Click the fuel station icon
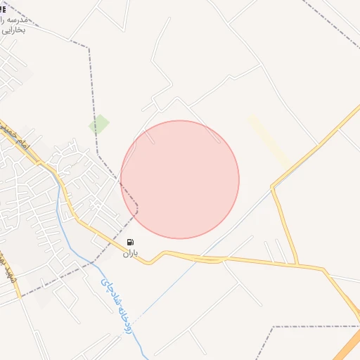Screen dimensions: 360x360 point(131,242)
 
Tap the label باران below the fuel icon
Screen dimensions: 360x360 point(131,252)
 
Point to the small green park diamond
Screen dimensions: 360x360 point(98,124)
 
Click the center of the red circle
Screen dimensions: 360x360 point(180,179)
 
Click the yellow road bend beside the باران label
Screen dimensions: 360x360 point(148,263)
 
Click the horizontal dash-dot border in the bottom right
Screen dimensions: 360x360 point(316,326)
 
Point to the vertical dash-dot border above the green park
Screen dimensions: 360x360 point(91,77)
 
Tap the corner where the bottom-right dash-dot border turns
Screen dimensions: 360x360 point(274,327)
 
